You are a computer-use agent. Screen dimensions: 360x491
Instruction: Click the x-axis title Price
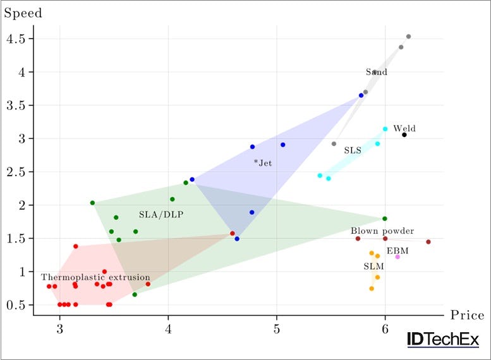[x=467, y=315]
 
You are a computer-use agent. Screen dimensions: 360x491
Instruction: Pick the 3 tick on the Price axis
[x=59, y=330]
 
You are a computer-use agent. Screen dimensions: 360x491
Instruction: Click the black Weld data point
[x=404, y=135]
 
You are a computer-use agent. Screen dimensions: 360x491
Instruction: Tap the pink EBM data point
[x=397, y=256]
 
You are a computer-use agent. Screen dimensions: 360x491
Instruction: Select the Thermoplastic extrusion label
[x=95, y=277]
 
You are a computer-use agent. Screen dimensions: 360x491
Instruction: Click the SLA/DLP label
[x=161, y=215]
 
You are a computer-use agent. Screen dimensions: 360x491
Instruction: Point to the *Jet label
[x=263, y=163]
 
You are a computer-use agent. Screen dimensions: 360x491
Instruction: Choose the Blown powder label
[x=382, y=231]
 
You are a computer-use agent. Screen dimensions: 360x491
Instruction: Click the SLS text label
[x=353, y=151]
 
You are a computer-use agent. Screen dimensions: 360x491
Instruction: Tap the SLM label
[x=373, y=267]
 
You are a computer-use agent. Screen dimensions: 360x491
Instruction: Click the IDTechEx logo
[x=443, y=340]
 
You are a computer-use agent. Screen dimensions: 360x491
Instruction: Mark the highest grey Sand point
[x=409, y=37]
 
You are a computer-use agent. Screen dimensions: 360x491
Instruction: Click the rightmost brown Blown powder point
[x=428, y=242]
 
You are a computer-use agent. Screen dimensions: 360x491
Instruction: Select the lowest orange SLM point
[x=372, y=289]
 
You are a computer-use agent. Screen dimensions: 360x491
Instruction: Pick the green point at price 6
[x=385, y=219]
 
